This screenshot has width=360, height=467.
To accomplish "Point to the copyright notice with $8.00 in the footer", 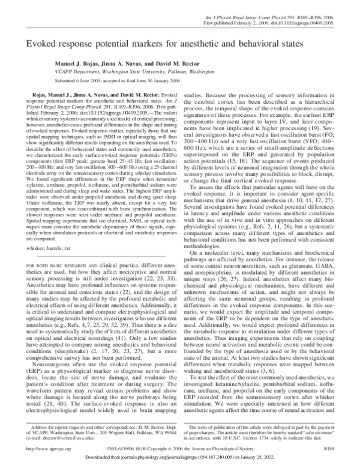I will pos(179,448).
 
